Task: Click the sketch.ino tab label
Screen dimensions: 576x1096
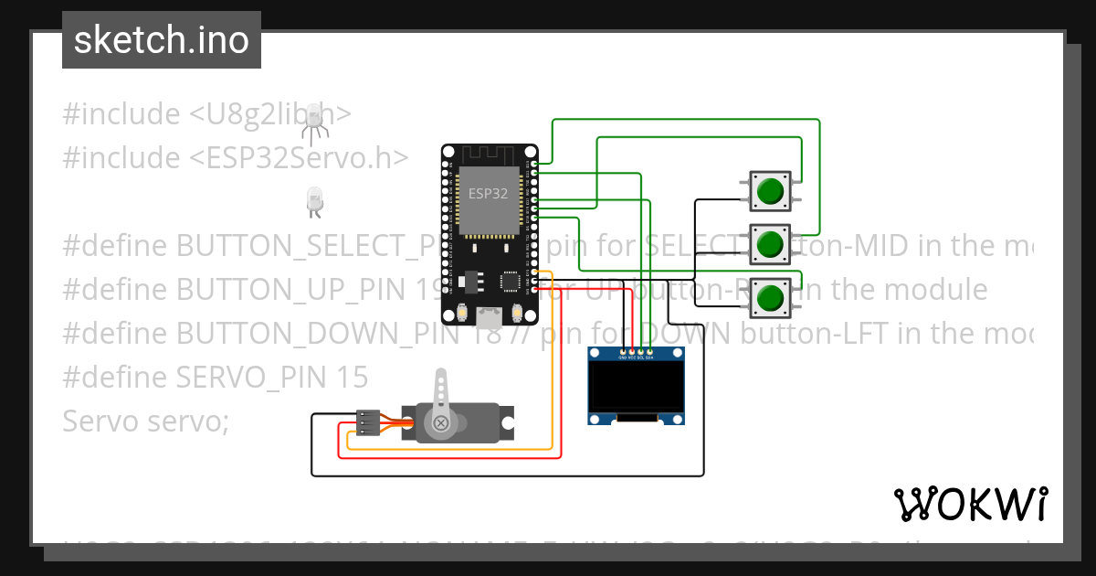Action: [161, 40]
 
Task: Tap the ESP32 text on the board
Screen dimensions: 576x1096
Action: [488, 194]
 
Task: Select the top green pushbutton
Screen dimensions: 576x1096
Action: [771, 190]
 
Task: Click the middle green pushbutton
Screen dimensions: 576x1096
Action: [771, 244]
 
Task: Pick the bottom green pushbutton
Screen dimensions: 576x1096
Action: [771, 297]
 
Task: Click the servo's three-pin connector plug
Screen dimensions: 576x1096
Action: [367, 422]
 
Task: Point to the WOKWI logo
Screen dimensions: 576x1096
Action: [970, 504]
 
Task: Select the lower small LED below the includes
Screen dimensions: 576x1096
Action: [314, 201]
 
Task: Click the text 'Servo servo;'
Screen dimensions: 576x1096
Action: [146, 421]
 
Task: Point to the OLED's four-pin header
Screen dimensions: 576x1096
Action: [637, 351]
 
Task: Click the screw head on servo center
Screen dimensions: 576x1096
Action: [442, 422]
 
